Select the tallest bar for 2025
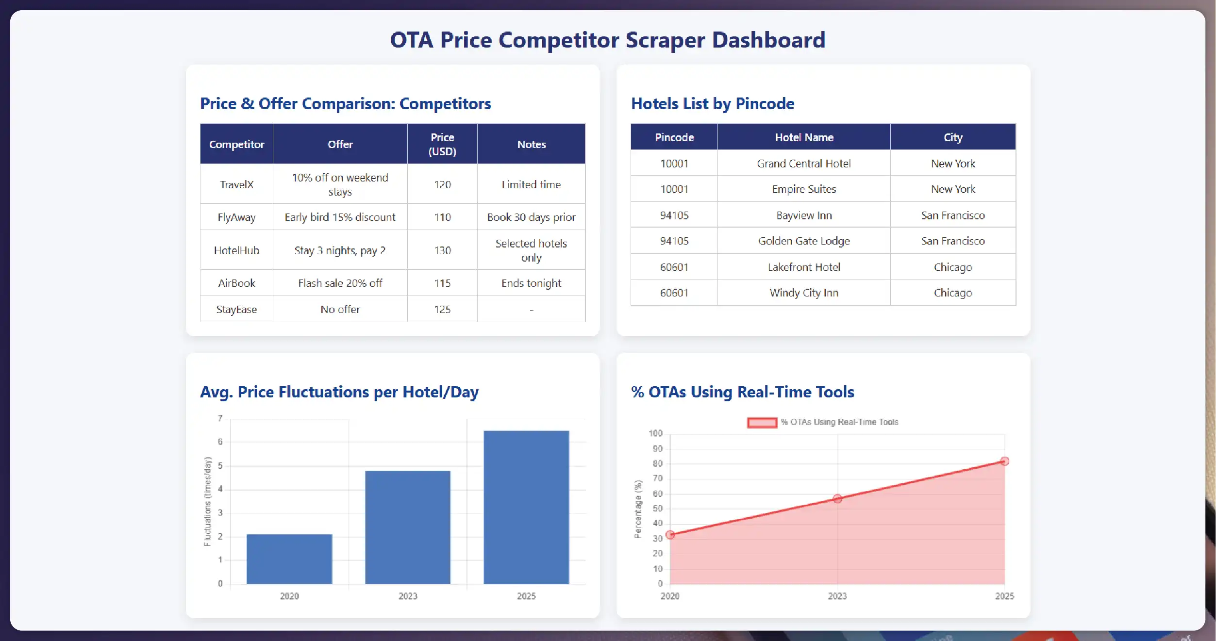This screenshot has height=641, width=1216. [x=526, y=507]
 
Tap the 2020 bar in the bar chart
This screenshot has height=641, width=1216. [x=289, y=559]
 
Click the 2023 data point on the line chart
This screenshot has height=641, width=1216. [x=837, y=498]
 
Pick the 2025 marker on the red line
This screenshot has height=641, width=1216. [x=1004, y=461]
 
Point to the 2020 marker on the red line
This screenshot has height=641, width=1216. [x=670, y=535]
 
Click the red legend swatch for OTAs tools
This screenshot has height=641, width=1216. [x=762, y=423]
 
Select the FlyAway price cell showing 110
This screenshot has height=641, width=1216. [x=442, y=217]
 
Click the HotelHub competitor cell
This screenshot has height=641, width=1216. [x=236, y=250]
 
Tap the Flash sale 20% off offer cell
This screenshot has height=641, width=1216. [x=340, y=283]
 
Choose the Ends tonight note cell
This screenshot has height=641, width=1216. [x=531, y=283]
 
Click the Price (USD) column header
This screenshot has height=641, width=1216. [x=442, y=144]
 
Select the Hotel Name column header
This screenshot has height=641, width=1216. [x=804, y=137]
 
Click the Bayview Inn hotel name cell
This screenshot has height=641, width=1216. [x=804, y=215]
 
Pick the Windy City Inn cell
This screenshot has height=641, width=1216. [x=804, y=293]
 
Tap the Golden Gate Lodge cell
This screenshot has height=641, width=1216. [x=804, y=241]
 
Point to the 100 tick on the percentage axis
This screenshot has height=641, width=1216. [x=655, y=433]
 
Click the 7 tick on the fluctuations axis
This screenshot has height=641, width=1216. [x=220, y=418]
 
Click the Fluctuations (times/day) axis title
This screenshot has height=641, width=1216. [x=208, y=501]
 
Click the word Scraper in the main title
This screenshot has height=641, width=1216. [x=665, y=40]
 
